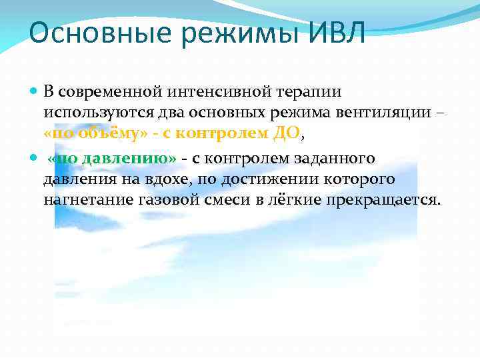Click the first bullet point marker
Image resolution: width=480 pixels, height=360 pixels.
[x=35, y=90]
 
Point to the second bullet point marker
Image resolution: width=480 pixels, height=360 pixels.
[x=35, y=159]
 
